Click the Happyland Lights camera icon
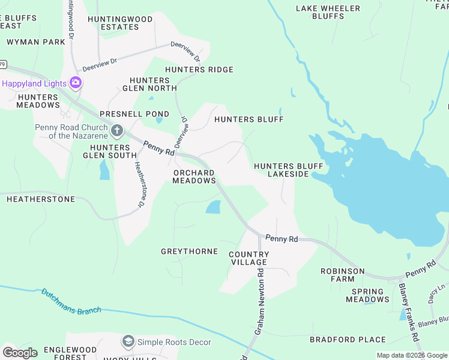click(76, 82)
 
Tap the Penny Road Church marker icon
click(117, 130)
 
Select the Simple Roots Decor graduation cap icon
click(128, 342)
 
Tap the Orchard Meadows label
click(194, 177)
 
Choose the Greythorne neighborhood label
click(189, 251)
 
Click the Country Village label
click(249, 259)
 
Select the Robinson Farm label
click(342, 275)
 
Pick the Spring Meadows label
click(368, 295)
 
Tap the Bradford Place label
click(348, 340)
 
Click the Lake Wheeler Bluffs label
click(328, 13)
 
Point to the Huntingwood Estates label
click(120, 23)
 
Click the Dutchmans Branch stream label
click(71, 302)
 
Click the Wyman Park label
click(35, 43)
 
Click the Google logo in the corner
click(20, 353)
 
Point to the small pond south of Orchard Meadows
click(213, 208)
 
